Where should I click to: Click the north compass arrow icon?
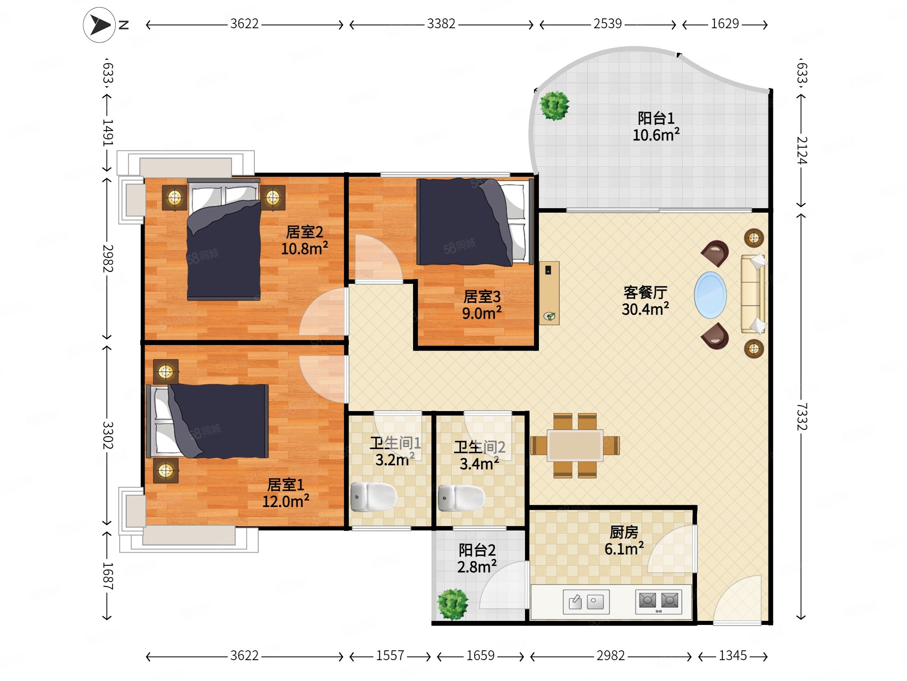point(99,25)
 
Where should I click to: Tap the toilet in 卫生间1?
point(373,497)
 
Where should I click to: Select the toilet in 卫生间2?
point(462,498)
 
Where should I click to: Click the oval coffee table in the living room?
point(710,295)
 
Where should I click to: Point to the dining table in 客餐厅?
point(575,445)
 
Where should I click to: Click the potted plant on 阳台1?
point(554,105)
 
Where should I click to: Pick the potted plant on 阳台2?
point(453,604)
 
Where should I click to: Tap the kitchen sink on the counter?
point(586,602)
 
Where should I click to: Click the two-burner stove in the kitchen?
point(659,602)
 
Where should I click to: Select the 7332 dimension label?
point(802,417)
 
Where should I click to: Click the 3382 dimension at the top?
point(441,24)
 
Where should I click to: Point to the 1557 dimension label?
point(390,656)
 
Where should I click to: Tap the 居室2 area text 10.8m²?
point(304,248)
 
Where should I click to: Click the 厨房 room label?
point(624,532)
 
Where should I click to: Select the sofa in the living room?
point(754,294)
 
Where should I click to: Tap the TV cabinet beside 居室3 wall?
point(549,293)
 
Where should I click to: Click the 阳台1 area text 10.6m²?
point(656,135)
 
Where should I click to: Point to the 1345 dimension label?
point(733,656)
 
